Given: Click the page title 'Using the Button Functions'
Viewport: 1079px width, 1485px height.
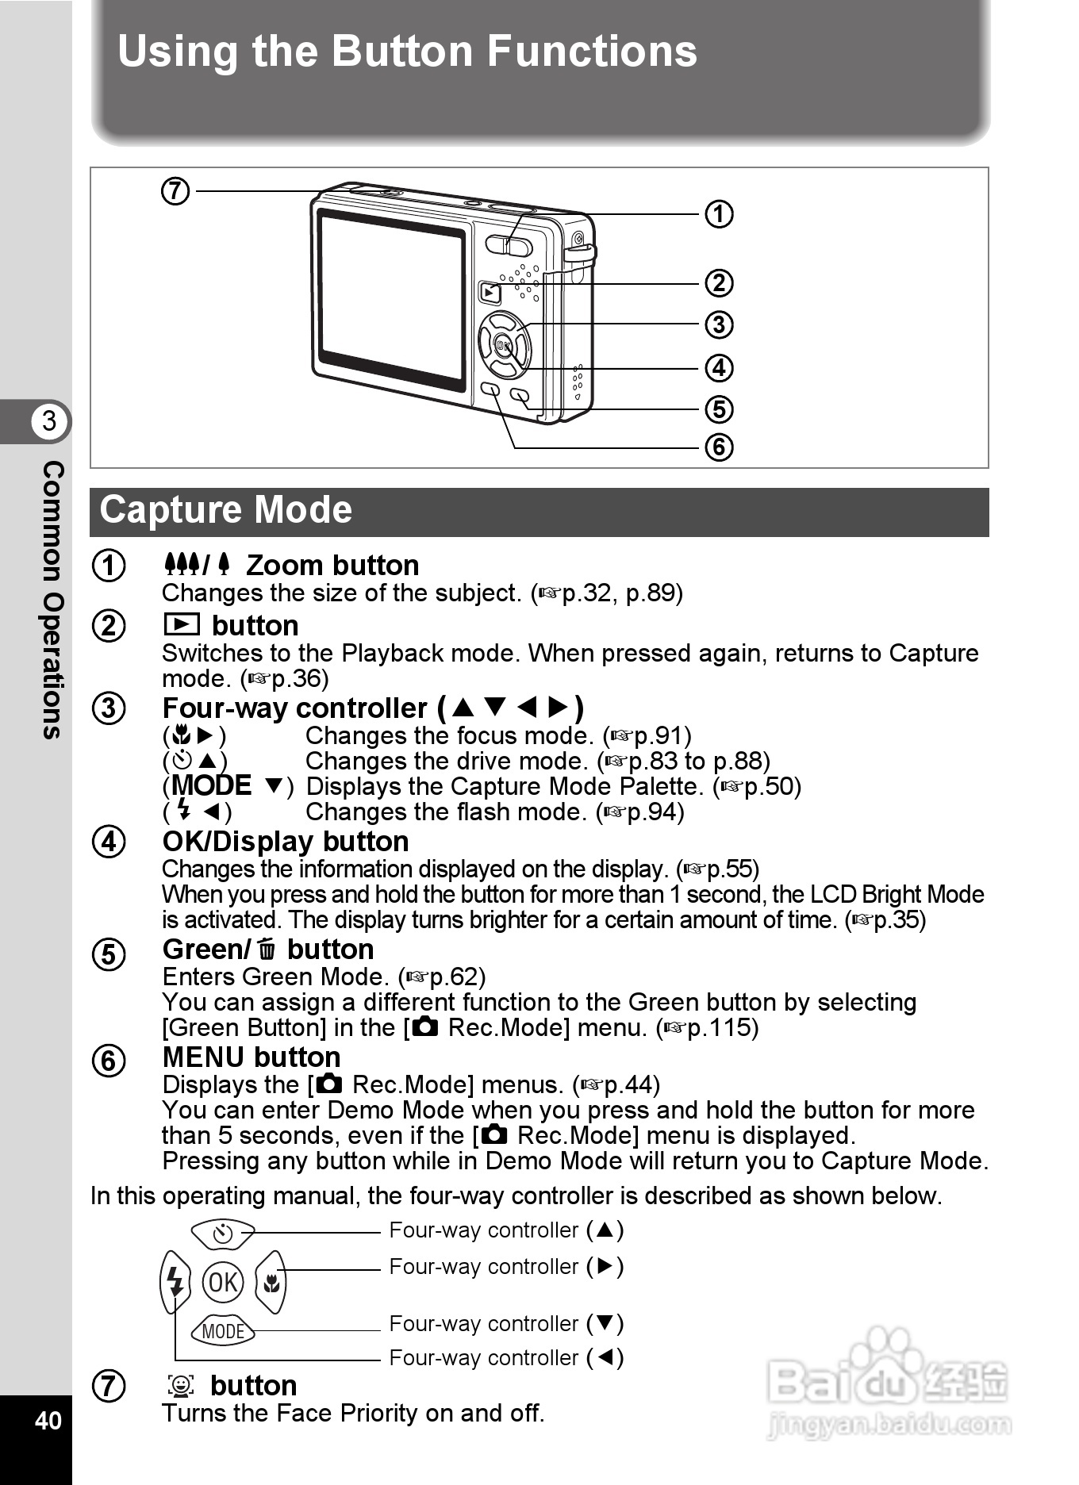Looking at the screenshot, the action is pos(407,52).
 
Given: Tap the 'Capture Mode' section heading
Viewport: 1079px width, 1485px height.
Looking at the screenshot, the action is pos(225,509).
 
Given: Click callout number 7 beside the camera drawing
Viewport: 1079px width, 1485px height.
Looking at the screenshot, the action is pos(175,191).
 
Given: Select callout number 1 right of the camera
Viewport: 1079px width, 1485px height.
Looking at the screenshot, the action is pos(719,214).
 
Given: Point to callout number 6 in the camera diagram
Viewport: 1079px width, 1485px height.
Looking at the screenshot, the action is pos(719,447).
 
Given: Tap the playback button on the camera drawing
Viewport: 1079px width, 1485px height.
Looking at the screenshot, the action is pos(490,293).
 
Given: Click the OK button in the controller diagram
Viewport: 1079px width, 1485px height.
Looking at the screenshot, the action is pos(223,1281).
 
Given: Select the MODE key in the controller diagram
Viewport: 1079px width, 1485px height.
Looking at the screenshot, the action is pos(223,1331).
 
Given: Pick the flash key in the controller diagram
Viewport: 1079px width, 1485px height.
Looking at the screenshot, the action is pos(175,1281).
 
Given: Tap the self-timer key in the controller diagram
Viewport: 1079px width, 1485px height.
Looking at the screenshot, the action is pos(223,1234).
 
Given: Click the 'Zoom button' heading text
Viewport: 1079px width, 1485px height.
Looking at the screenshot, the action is pos(332,566).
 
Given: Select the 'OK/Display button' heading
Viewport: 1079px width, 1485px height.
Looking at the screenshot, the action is pos(286,842).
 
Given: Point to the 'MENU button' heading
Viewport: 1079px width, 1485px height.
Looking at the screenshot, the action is pos(252,1057).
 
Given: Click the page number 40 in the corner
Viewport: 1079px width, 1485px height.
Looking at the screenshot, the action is pos(48,1420).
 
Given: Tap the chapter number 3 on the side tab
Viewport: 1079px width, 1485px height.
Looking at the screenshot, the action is pos(49,420).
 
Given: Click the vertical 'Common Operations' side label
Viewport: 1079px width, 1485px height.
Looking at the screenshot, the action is pos(52,600).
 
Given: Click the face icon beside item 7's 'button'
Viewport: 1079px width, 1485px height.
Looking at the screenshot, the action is pos(182,1386).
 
